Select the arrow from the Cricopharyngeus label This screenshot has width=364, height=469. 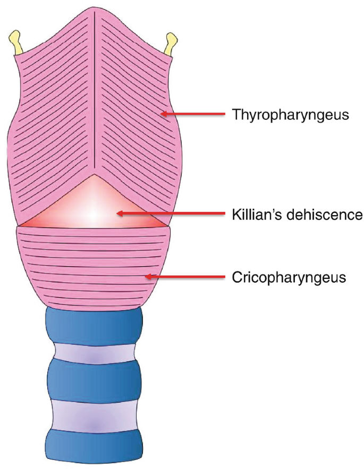tap(186, 277)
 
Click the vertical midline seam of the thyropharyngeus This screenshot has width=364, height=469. tap(94, 90)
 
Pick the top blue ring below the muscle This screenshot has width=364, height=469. tap(95, 325)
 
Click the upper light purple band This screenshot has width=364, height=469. tap(95, 352)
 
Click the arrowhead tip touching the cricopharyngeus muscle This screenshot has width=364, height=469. tap(147, 277)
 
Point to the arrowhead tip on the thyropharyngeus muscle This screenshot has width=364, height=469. tap(162, 113)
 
